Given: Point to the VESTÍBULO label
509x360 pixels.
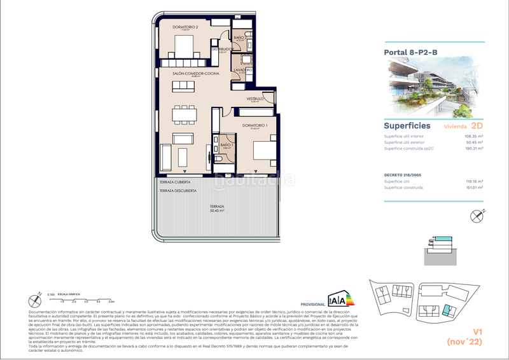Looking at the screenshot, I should coord(256,99).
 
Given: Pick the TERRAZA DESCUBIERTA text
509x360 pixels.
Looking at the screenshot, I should coord(178,191).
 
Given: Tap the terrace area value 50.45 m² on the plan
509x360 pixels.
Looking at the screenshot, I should coord(218,212).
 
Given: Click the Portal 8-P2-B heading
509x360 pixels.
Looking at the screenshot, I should coord(410,53).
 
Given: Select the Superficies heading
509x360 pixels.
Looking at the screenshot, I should coord(407,126).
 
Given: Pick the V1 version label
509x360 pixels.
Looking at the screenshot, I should coord(476,331).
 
